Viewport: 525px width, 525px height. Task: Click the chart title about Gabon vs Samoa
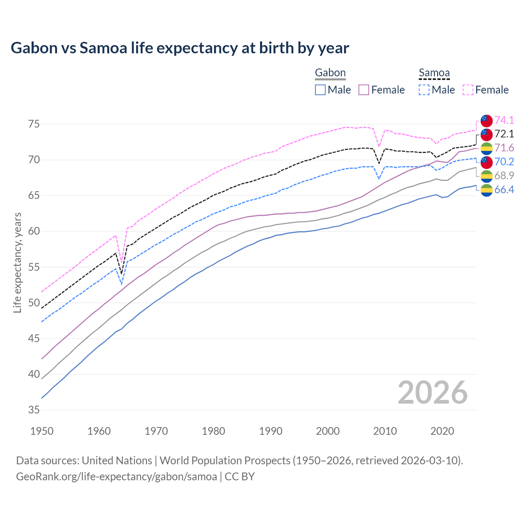coord(180,48)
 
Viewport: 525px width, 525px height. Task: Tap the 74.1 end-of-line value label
coord(504,120)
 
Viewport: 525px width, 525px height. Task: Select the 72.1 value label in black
coord(504,134)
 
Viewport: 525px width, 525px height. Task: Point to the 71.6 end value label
coord(504,148)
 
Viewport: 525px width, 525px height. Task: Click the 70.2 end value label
coord(504,162)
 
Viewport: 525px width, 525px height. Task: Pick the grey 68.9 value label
coord(504,176)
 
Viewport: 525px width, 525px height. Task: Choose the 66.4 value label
coord(504,189)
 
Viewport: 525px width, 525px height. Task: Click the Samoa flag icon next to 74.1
coord(486,121)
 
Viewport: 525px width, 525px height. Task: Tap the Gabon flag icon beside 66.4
coord(486,190)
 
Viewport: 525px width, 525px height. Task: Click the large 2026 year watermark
coord(432,393)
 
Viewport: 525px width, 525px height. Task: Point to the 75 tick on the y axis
coord(34,124)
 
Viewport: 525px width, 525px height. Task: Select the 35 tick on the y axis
coord(34,410)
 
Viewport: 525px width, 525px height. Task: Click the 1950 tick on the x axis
coord(42,431)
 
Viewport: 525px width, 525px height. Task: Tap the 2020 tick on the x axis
coord(442,431)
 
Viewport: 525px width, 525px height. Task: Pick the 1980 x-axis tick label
coord(213,431)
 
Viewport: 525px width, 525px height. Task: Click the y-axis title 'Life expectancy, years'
coord(17,262)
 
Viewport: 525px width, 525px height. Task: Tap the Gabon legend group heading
coord(330,73)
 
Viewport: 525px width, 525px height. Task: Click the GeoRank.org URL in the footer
coord(116,477)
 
